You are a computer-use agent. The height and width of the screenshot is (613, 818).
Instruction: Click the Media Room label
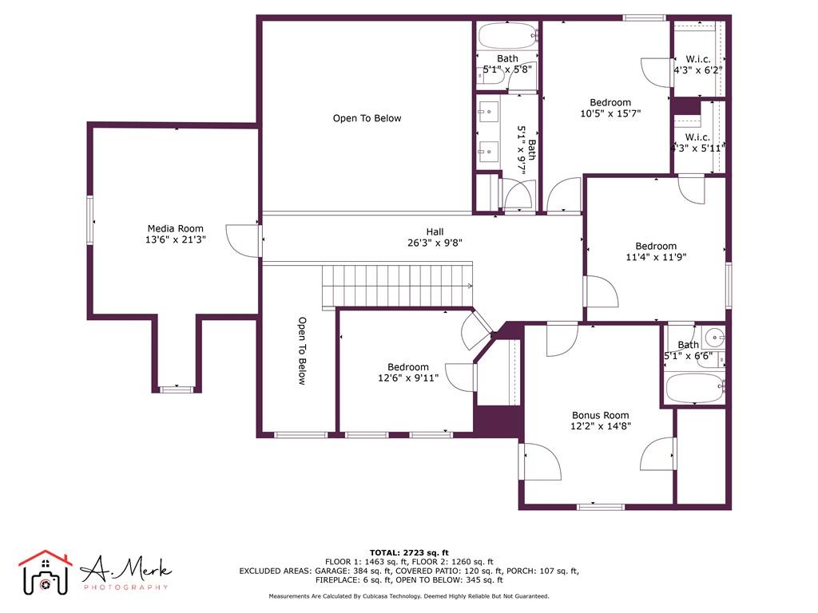point(175,228)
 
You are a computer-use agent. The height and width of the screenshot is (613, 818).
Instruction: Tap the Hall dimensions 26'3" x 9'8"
point(435,243)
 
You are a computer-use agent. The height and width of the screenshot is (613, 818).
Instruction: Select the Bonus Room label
point(600,415)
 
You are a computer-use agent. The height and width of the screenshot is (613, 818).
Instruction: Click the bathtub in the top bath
point(507,36)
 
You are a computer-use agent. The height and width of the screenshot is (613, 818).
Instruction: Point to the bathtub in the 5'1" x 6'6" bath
point(694,390)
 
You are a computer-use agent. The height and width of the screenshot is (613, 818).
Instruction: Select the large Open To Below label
point(367,118)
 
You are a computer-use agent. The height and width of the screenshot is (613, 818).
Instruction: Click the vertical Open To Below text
point(302,351)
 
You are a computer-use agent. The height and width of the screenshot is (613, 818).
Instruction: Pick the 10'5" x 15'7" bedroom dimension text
point(610,113)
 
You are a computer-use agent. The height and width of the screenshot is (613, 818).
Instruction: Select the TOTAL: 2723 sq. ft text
point(409,552)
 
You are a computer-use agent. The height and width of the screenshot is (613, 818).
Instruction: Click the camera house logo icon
point(45,573)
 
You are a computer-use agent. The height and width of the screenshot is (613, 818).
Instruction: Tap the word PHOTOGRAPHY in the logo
point(126,587)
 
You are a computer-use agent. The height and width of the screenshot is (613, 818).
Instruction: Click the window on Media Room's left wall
point(89,220)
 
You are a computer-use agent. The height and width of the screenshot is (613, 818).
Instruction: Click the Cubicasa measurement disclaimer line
point(409,596)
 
